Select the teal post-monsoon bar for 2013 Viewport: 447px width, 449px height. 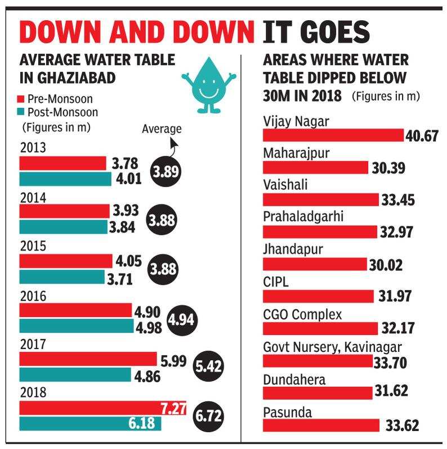tap(65, 179)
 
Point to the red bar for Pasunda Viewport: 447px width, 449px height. tap(321, 425)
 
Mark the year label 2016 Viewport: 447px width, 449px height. tap(33, 296)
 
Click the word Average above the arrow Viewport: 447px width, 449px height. tap(162, 129)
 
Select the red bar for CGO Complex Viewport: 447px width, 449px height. tap(320, 328)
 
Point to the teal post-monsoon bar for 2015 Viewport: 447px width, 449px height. tap(62, 277)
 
